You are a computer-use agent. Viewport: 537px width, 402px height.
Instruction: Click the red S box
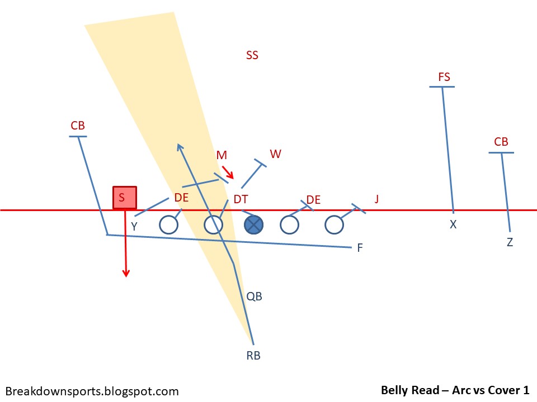[x=124, y=198]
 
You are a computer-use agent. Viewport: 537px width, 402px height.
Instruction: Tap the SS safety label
[x=252, y=55]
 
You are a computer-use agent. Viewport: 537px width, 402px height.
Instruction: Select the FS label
[x=444, y=77]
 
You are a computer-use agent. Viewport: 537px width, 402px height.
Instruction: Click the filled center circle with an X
[x=254, y=224]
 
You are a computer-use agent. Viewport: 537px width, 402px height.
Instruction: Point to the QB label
[x=255, y=296]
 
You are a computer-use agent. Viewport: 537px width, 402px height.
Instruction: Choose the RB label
[x=253, y=355]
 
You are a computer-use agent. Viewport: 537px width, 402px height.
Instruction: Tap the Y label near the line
[x=134, y=226]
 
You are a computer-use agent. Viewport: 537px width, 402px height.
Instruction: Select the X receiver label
[x=453, y=224]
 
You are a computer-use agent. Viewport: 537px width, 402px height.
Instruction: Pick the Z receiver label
[x=510, y=242]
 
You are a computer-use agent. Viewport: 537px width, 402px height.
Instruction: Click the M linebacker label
[x=222, y=155]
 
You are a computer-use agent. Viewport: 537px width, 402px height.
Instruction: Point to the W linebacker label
[x=275, y=154]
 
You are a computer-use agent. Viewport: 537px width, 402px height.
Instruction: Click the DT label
[x=241, y=199]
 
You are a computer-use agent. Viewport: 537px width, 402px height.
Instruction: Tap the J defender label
[x=376, y=198]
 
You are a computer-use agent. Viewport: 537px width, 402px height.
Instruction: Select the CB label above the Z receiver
[x=501, y=142]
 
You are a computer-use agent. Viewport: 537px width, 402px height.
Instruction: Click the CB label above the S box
[x=78, y=126]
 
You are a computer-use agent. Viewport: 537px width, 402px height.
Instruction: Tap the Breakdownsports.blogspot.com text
[x=92, y=391]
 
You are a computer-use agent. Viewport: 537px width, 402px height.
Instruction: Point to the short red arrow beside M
[x=228, y=171]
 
